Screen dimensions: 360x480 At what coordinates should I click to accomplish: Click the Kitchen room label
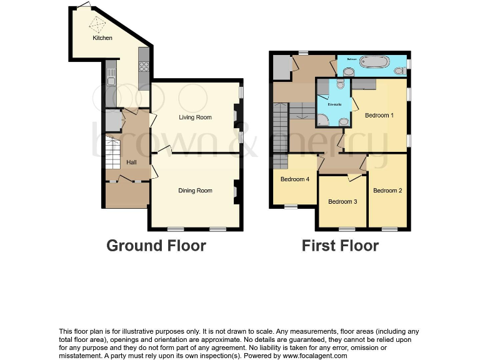click(102, 38)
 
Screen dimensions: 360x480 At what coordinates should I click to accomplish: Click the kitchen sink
click(111, 77)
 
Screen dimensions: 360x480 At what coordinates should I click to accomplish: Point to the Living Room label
click(195, 117)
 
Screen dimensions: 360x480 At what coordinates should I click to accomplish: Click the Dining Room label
click(195, 191)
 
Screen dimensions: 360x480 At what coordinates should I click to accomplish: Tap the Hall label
click(132, 162)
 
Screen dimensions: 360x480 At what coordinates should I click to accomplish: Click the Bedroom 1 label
click(379, 116)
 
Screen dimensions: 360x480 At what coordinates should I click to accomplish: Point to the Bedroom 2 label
click(387, 191)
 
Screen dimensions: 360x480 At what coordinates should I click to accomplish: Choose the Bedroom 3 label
click(342, 201)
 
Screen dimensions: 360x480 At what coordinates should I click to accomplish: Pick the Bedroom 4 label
click(294, 179)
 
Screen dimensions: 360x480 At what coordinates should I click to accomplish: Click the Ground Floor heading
click(156, 246)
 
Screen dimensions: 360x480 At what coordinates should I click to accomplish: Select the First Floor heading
click(340, 246)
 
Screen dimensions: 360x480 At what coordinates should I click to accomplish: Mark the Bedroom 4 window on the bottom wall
click(291, 207)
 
